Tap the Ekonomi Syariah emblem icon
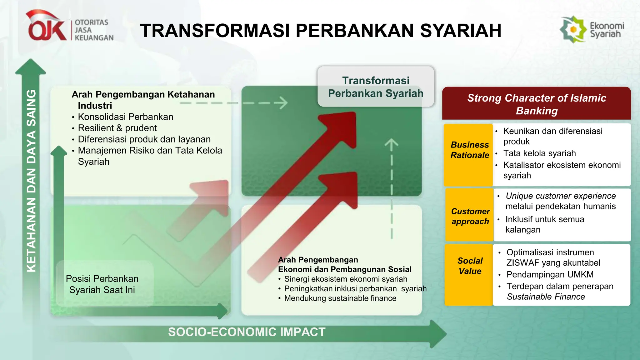click(573, 30)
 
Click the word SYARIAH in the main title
click(461, 31)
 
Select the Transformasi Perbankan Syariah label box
click(376, 87)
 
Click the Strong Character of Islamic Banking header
click(536, 104)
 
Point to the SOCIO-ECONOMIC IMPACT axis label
click(247, 332)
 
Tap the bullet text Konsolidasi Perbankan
click(125, 117)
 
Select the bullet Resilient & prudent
click(117, 128)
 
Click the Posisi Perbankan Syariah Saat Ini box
click(102, 284)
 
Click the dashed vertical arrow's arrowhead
click(391, 144)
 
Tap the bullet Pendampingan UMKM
click(550, 274)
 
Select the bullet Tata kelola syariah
click(539, 153)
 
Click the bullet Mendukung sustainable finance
click(340, 298)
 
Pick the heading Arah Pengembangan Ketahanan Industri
click(143, 99)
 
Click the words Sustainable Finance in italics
click(546, 297)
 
